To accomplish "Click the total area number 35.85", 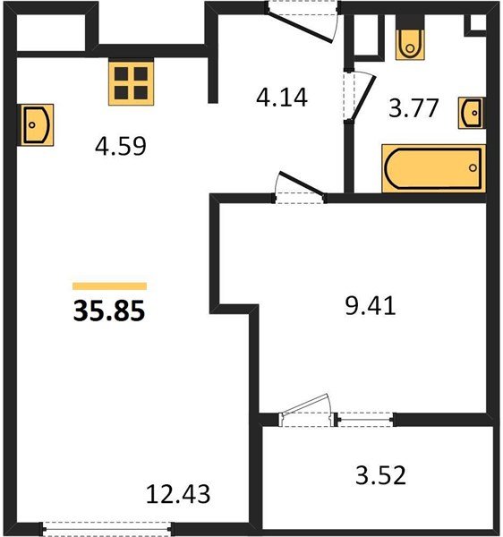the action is point(109,311).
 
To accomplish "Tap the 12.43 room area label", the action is point(178,494).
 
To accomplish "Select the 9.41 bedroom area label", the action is point(371,306).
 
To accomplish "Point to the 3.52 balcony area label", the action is point(380,475).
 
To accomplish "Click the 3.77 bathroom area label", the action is point(413,108).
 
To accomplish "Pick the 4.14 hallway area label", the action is point(282,98).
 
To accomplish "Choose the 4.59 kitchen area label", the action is point(121,146).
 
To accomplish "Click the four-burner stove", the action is point(132,81).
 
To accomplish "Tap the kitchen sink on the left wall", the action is point(38,124).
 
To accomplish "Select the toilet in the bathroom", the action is point(410,38).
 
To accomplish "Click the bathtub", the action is point(433,168).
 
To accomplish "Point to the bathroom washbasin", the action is point(472,113).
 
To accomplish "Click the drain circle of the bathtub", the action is point(473,168).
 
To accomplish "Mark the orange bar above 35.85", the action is point(109,286).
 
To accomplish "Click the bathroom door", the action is point(364,96).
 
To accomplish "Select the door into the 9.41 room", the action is point(301,183).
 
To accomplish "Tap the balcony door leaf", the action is point(304,405).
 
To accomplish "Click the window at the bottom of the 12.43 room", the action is point(108,528).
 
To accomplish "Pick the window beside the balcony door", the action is point(365,419).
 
